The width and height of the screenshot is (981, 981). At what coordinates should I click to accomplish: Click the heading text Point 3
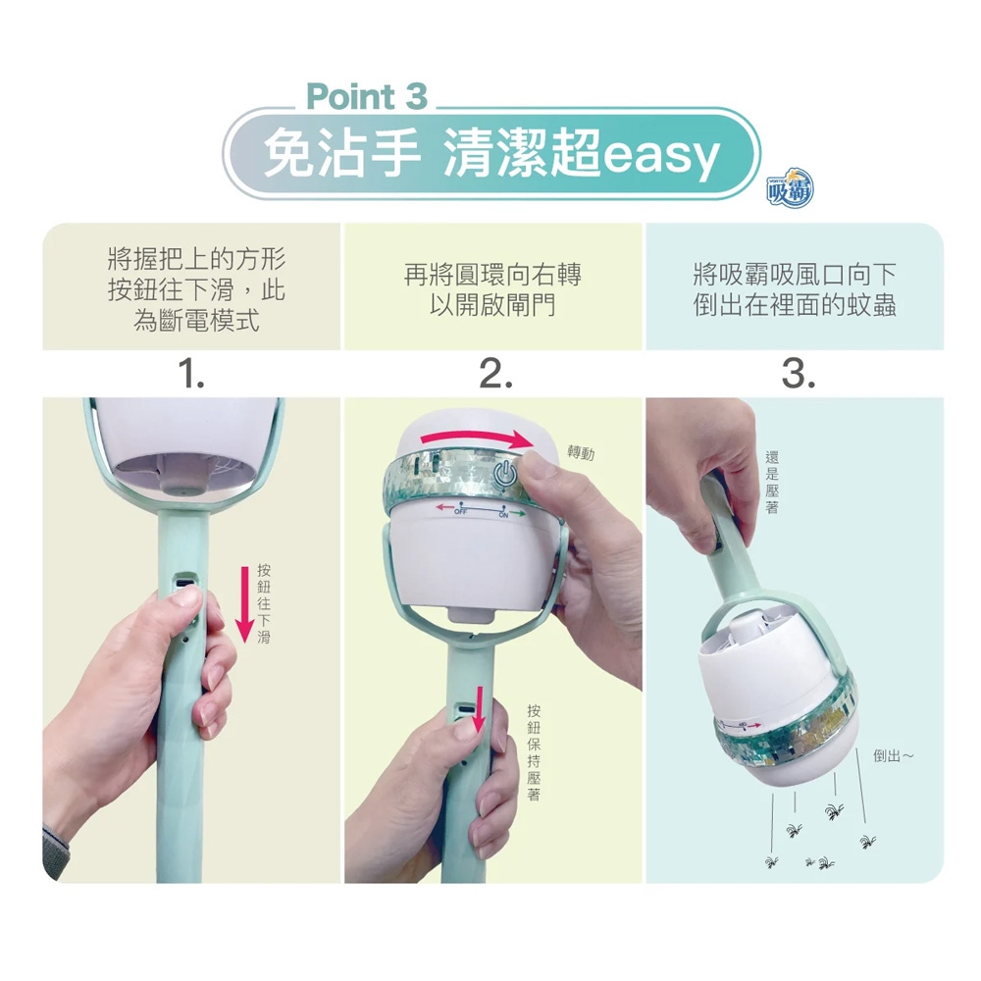367,96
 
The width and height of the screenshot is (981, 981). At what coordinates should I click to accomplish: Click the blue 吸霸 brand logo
790,187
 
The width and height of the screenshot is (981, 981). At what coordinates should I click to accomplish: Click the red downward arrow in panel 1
244,603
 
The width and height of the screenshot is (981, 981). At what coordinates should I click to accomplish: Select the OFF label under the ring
460,512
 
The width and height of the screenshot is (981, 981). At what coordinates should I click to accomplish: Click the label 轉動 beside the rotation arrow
581,452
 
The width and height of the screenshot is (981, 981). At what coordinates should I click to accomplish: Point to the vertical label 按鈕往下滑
264,603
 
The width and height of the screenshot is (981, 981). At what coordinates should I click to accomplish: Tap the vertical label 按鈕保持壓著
534,752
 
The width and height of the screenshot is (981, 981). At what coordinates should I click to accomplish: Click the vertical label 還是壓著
772,482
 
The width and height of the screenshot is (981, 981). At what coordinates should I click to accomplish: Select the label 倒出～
894,756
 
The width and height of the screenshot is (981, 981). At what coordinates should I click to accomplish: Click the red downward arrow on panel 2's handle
480,709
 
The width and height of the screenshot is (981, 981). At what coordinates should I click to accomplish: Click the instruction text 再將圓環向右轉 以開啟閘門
492,289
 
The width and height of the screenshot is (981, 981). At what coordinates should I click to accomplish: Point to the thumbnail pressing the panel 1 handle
186,595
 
